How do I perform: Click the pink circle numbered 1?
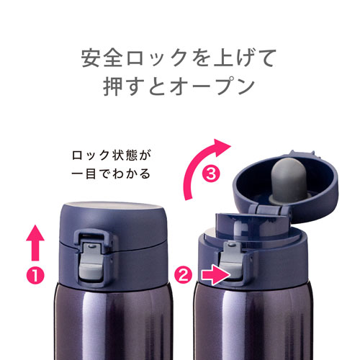coord(35,276)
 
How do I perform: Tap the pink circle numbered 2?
coord(184,275)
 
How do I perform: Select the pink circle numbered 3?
coord(211,174)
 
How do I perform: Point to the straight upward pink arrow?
coord(35,243)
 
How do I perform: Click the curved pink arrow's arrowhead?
coord(222,147)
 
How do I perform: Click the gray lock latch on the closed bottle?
coord(91,261)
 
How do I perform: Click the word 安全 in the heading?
coord(102,58)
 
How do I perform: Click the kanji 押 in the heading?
coord(113,86)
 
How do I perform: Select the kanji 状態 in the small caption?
coord(125,156)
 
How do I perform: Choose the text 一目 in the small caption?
coord(84,174)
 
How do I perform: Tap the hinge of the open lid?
coord(269,210)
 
